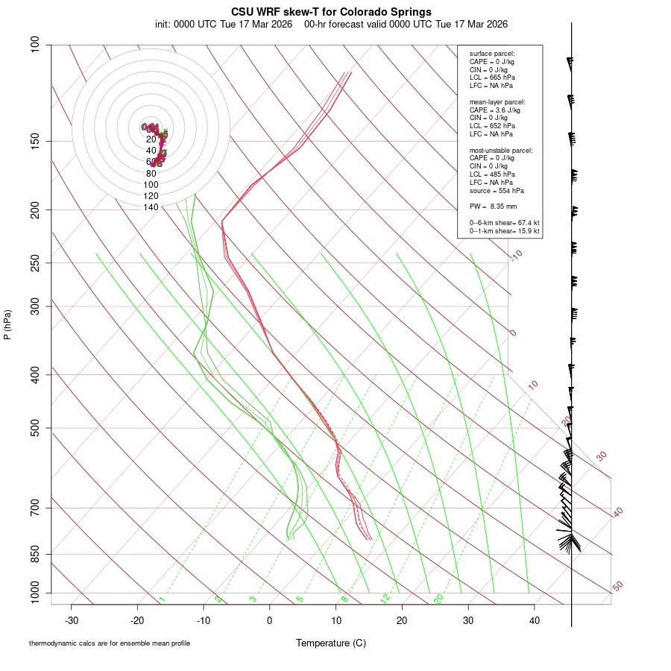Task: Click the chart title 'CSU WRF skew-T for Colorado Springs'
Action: tap(331, 12)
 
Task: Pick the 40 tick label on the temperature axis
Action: tap(534, 620)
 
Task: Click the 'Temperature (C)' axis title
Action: tap(331, 643)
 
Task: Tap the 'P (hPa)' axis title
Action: tap(7, 324)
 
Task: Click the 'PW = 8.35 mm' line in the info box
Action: tap(493, 207)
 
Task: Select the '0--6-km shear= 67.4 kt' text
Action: tap(504, 223)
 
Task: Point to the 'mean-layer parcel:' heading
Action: tap(497, 101)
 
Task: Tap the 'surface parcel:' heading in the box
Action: tap(492, 54)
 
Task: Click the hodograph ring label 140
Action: tap(151, 207)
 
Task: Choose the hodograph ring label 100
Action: tap(151, 185)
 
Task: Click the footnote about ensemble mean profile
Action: tap(110, 643)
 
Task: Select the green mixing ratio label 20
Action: tap(438, 598)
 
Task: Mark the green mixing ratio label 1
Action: tap(162, 599)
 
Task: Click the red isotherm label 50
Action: tap(617, 587)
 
